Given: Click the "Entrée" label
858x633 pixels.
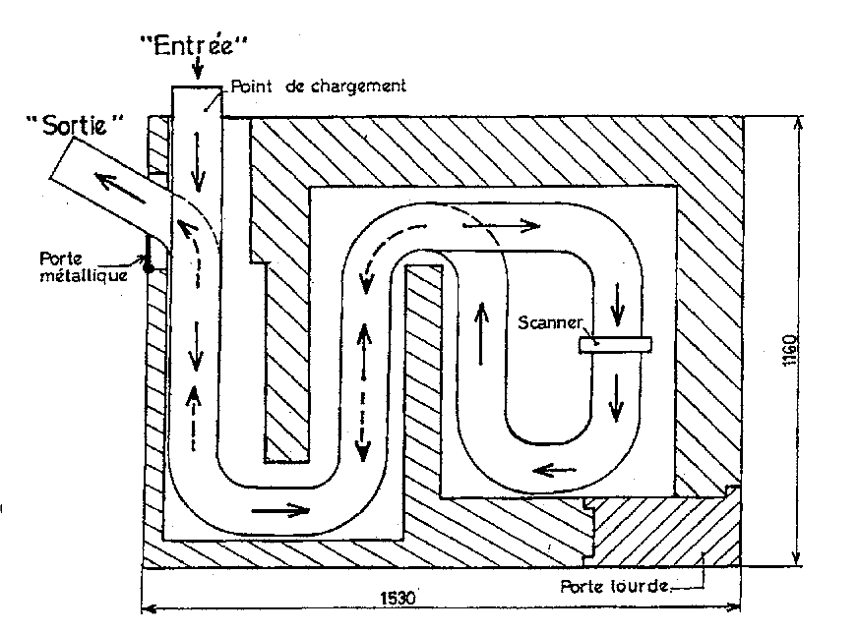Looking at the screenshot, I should click(x=197, y=44).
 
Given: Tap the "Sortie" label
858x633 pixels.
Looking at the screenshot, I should click(x=76, y=125).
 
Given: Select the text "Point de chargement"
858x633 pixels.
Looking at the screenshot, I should click(x=319, y=86).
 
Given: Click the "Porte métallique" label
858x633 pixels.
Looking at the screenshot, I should click(x=74, y=266).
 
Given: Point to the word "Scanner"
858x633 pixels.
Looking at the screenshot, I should click(x=552, y=323).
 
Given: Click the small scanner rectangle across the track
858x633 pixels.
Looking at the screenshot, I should click(x=615, y=344).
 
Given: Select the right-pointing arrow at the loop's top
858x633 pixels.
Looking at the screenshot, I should click(x=501, y=225).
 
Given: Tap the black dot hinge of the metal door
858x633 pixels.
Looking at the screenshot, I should click(x=149, y=264).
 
